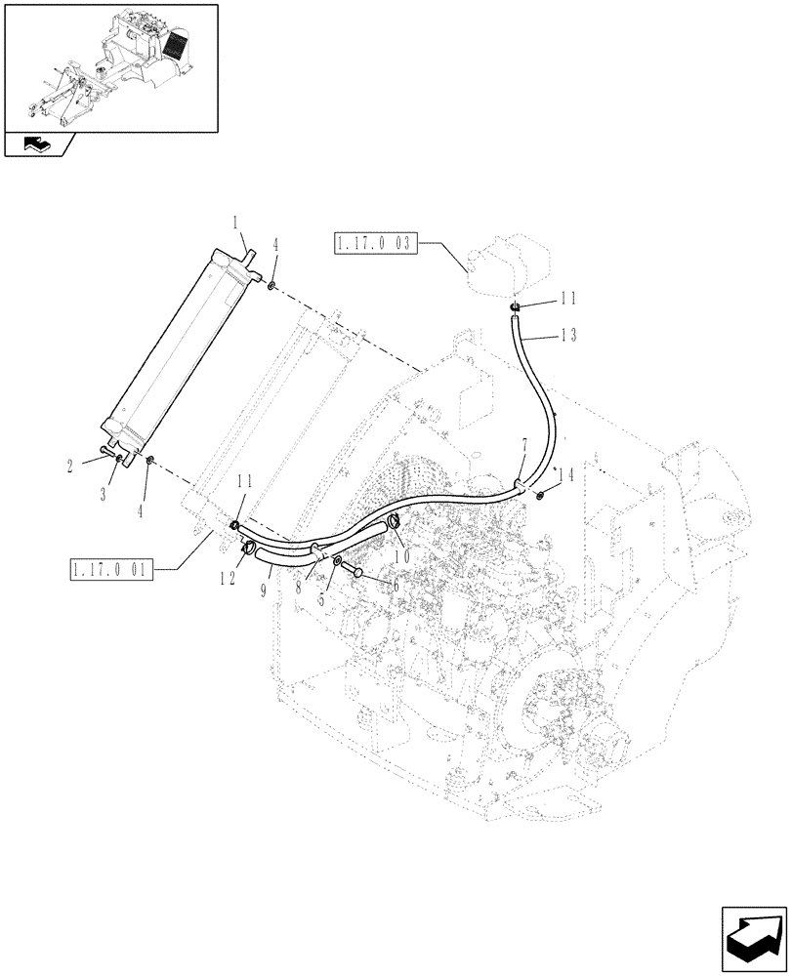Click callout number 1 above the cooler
235,224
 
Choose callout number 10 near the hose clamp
401,553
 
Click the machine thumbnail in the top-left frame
109,64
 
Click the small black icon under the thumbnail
36,145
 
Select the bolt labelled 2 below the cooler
107,454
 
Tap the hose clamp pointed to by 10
394,522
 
